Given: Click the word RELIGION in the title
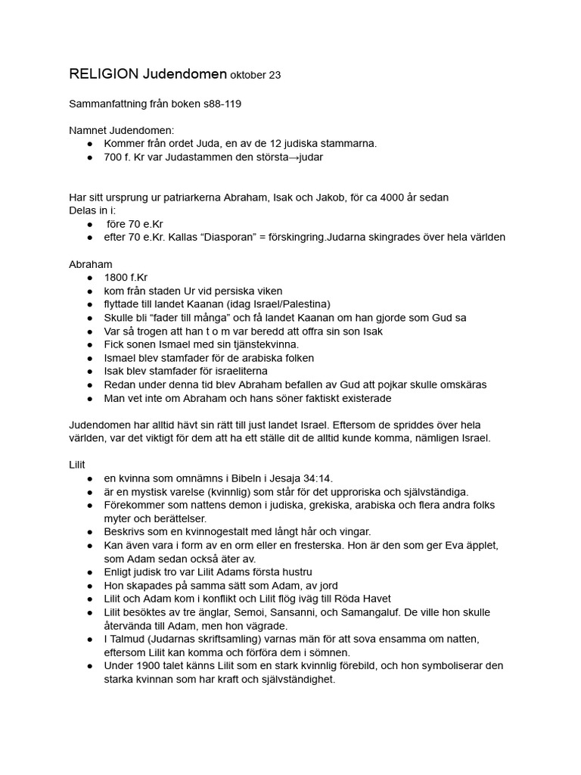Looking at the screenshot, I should click(x=104, y=73).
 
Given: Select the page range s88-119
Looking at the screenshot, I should click(x=222, y=104).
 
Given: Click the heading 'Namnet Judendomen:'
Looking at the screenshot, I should click(x=122, y=131).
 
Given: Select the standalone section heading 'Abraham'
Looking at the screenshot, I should click(x=90, y=264).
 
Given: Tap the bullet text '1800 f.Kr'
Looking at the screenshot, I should click(x=126, y=277).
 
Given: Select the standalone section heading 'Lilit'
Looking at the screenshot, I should click(x=78, y=465).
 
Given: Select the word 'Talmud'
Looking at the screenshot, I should click(x=129, y=639).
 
